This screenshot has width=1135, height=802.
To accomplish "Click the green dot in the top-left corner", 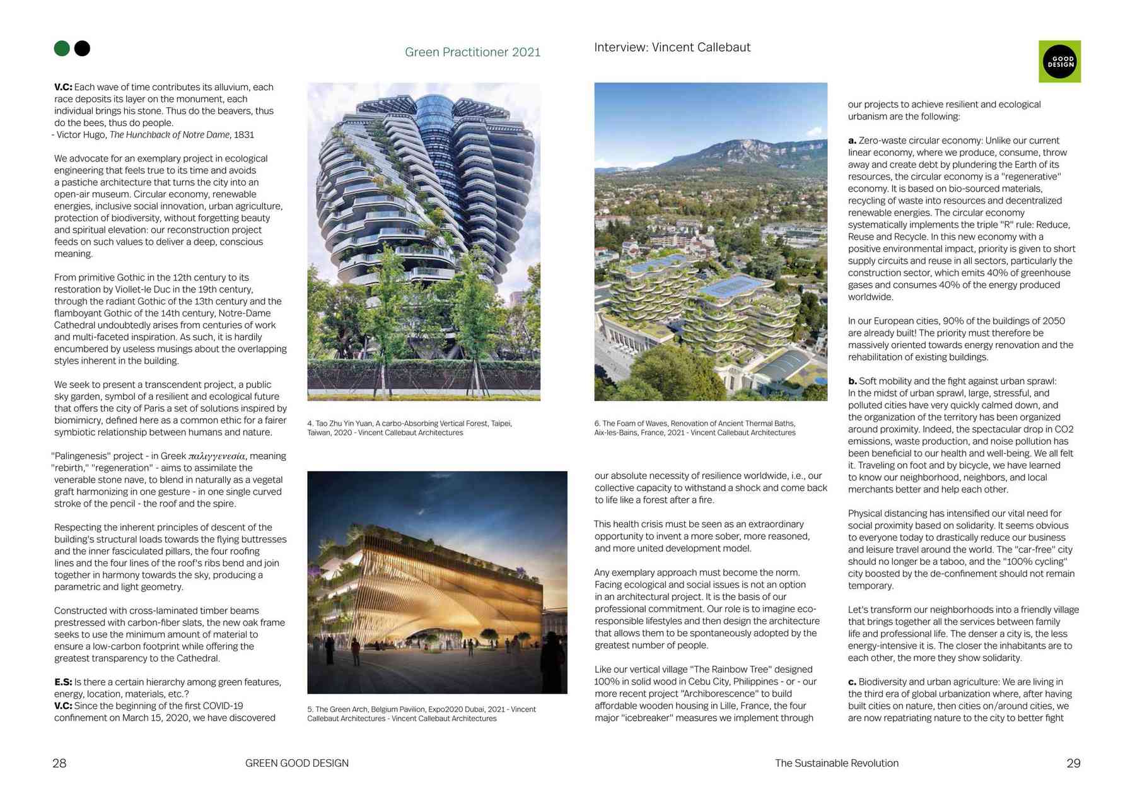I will tap(62, 49).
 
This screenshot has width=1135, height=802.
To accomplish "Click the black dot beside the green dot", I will tap(82, 49).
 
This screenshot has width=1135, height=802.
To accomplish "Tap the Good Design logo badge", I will tap(1059, 62).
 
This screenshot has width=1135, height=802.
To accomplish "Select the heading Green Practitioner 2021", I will tap(472, 52).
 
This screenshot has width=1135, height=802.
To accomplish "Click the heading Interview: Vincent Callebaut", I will tap(672, 47).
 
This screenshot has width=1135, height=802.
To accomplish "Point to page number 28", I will tap(59, 763).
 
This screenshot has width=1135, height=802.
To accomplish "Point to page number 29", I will tap(1073, 763).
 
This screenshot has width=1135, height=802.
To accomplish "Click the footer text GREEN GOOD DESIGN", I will tap(296, 763).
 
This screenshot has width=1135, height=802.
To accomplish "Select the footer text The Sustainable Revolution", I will tap(836, 763).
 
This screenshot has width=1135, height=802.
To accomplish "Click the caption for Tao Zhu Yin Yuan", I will tap(410, 428).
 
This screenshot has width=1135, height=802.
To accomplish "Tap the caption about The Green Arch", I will tap(421, 714).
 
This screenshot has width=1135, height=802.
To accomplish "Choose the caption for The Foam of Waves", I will tap(694, 428).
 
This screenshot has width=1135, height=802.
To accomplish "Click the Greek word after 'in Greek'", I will tap(216, 456).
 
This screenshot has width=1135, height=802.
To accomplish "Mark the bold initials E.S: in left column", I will tap(63, 682).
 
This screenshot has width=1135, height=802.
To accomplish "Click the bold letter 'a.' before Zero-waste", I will tap(852, 141).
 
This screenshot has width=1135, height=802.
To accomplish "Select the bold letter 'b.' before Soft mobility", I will tap(852, 381).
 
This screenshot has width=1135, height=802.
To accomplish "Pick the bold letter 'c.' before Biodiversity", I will tap(852, 682).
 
